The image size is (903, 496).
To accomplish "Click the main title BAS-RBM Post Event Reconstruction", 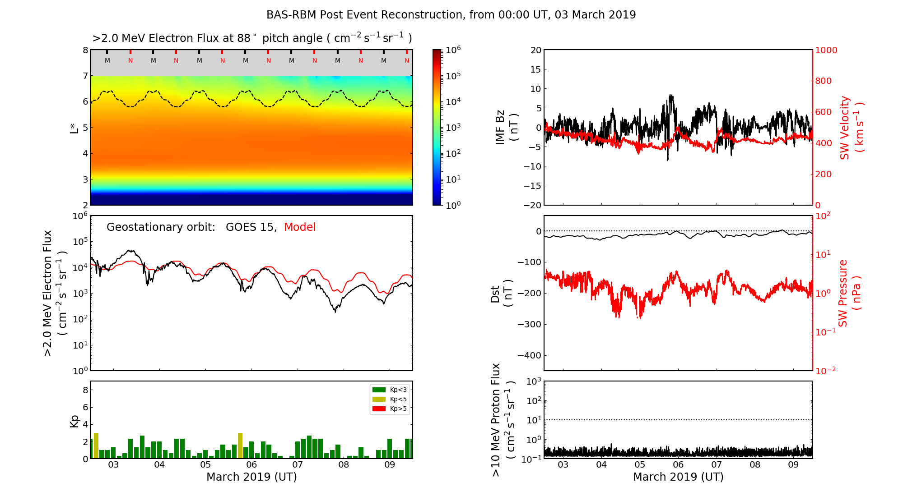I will pyautogui.click(x=451, y=15).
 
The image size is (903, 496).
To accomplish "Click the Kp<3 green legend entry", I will pyautogui.click(x=389, y=390).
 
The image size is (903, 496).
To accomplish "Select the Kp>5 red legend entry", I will pyautogui.click(x=389, y=409).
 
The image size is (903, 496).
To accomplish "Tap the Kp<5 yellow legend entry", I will pyautogui.click(x=389, y=399).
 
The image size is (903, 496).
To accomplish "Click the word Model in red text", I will pyautogui.click(x=300, y=227).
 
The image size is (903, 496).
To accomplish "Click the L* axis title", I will pyautogui.click(x=74, y=127).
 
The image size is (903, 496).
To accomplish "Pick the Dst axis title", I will pyautogui.click(x=501, y=293).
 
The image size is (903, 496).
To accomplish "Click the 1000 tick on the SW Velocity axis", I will pyautogui.click(x=826, y=50).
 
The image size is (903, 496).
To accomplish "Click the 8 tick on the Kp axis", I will pyautogui.click(x=85, y=390).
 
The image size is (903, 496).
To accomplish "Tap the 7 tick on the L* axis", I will pyautogui.click(x=85, y=76).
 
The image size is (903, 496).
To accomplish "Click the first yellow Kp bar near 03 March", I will pyautogui.click(x=96, y=445).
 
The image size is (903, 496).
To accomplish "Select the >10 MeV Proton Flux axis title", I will pyautogui.click(x=503, y=419).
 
